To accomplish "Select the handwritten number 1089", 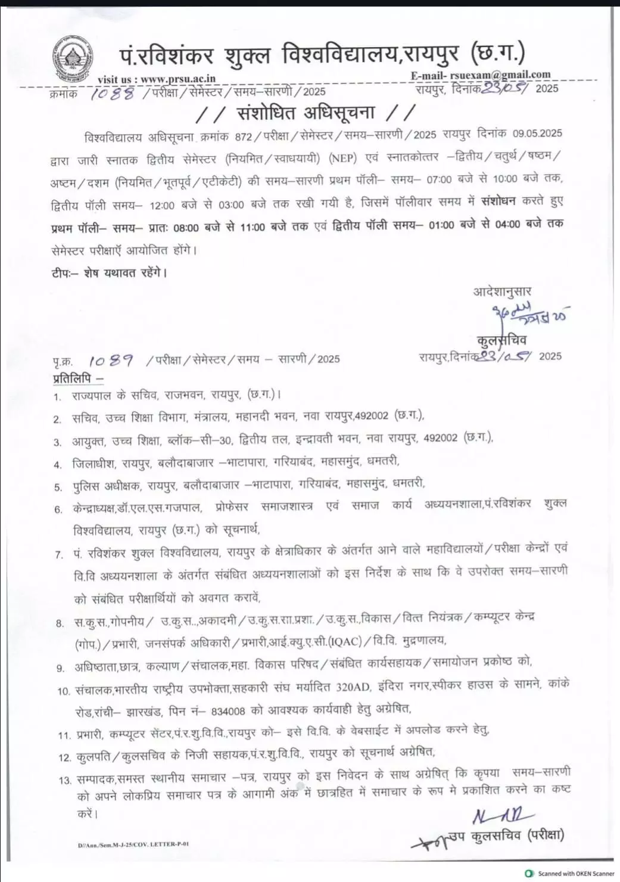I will [111, 361].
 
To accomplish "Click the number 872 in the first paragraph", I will [244, 136].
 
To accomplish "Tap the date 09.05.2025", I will [538, 134].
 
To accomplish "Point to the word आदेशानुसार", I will [502, 291].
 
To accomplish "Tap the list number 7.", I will [59, 555].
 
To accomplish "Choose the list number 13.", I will [65, 780].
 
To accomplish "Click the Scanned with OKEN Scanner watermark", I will [570, 874].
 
